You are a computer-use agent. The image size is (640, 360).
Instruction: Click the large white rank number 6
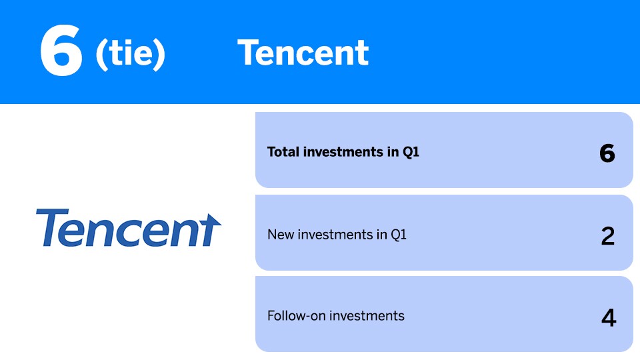(61, 50)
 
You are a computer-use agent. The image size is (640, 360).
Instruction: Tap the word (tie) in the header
(130, 54)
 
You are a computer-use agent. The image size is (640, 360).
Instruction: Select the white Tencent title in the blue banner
(303, 53)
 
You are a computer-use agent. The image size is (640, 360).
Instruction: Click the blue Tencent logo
(129, 228)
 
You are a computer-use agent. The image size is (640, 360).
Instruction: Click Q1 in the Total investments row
(411, 152)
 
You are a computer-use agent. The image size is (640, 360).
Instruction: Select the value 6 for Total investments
(607, 154)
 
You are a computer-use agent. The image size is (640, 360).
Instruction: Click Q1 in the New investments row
(399, 235)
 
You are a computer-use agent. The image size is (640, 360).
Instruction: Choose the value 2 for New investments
(608, 236)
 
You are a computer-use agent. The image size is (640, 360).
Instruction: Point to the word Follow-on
(296, 316)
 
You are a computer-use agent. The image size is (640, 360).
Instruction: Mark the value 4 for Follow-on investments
(609, 318)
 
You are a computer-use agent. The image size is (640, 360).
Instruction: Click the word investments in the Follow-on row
(367, 316)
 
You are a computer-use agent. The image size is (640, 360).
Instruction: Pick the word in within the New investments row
(381, 235)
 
